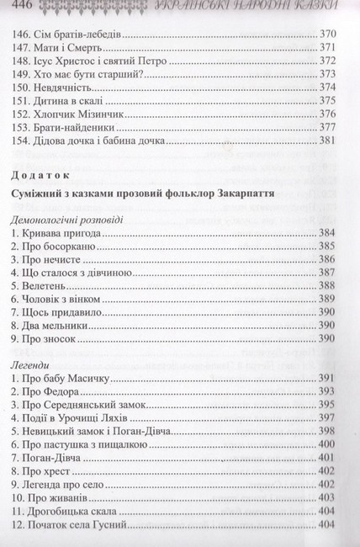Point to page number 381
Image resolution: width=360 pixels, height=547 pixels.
[x=331, y=139]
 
